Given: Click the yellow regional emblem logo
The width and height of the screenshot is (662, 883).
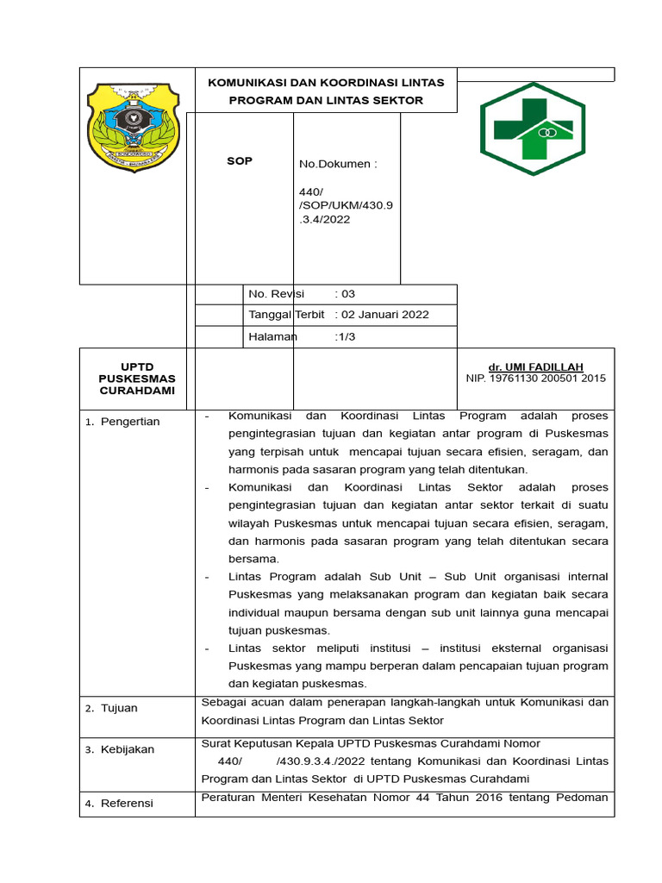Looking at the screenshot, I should click(133, 128).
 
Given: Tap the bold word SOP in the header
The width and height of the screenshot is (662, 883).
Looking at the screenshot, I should click(240, 161).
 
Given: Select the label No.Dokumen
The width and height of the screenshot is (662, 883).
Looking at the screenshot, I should click(338, 164).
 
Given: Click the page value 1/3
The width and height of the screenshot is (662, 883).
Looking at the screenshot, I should click(345, 337).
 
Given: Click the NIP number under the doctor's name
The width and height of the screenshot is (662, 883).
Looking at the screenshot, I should click(535, 379).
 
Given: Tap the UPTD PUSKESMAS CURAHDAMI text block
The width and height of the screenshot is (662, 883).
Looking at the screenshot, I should click(136, 379).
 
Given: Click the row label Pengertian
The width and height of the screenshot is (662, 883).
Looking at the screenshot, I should click(129, 422).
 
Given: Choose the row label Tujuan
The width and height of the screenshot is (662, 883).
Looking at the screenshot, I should click(119, 708).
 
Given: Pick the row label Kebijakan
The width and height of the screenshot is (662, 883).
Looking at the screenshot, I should click(127, 749).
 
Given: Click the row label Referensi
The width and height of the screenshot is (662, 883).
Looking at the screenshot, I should click(127, 803).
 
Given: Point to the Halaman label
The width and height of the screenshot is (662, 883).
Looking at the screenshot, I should click(272, 337).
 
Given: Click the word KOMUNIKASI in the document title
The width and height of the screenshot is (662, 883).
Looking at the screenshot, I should click(246, 83).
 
